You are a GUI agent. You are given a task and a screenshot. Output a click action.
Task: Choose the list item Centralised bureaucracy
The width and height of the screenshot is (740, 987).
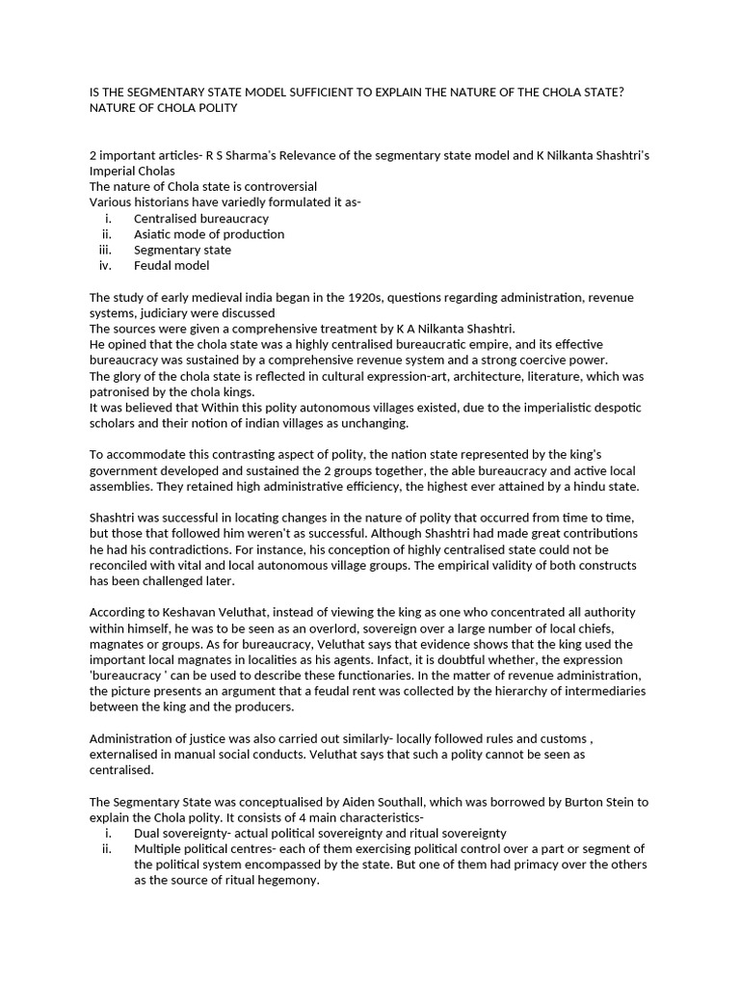(x=200, y=219)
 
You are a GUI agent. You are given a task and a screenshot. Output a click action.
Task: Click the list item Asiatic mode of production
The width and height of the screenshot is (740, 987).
(x=208, y=234)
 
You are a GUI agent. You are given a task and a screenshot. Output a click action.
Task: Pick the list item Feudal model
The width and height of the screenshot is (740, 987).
(x=171, y=265)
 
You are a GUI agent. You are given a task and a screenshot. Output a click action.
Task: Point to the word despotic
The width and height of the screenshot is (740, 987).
(x=616, y=408)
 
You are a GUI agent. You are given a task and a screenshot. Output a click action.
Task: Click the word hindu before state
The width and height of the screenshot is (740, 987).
(x=588, y=486)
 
